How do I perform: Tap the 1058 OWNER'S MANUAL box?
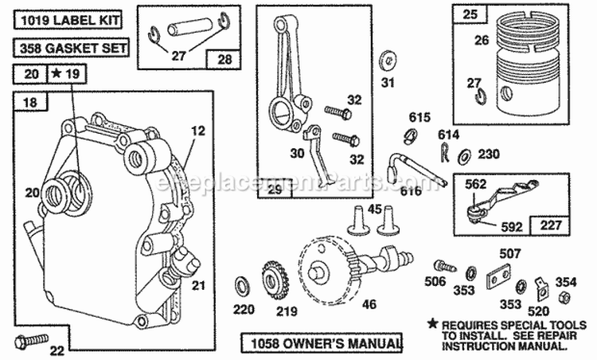(x=322, y=343)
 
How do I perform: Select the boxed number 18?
(x=30, y=103)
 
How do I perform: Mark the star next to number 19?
(x=57, y=75)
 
